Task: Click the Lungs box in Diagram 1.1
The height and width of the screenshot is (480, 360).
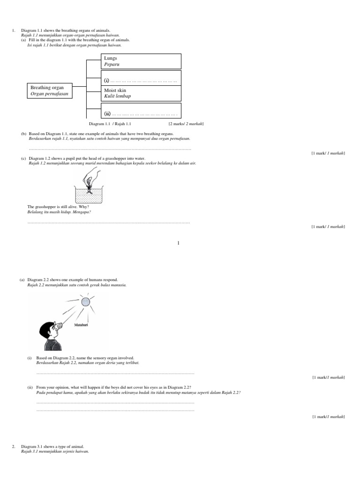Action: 141,61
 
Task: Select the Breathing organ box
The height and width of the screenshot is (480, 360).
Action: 50,90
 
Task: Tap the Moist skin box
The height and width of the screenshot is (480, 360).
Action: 141,93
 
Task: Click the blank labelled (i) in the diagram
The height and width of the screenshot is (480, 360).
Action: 141,81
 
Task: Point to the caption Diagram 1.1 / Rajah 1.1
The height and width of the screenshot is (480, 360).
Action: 110,124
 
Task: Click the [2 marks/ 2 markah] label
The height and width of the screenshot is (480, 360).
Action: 186,124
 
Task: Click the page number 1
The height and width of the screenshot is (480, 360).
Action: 179,243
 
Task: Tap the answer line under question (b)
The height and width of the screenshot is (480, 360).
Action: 110,149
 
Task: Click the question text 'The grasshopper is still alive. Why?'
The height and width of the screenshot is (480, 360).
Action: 58,207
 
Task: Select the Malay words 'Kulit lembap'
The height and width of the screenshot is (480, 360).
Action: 117,96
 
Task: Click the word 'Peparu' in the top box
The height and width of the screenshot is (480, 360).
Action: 112,64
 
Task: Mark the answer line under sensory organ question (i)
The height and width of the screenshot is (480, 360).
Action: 115,374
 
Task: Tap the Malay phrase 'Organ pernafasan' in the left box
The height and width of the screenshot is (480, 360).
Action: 49,94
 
